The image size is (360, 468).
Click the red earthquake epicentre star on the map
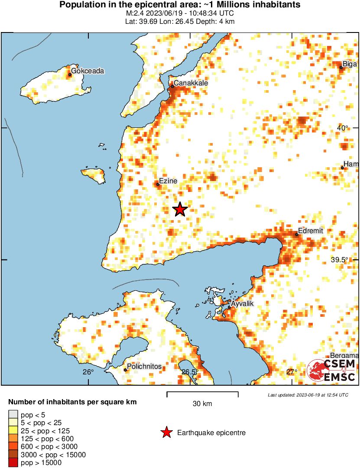pyautogui.click(x=180, y=210)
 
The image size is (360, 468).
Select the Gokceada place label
pyautogui.click(x=88, y=71)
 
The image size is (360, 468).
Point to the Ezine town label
pyautogui.click(x=169, y=181)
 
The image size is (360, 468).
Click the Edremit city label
pyautogui.click(x=311, y=231)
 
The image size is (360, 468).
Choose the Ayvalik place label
pyautogui.click(x=242, y=304)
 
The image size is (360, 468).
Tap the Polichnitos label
pyautogui.click(x=144, y=367)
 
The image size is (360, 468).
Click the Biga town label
pyautogui.click(x=350, y=65)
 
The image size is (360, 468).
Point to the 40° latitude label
pyautogui.click(x=343, y=128)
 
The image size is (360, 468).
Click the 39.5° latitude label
pyautogui.click(x=340, y=260)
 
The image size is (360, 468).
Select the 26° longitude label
pyautogui.click(x=88, y=372)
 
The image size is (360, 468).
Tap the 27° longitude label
pyautogui.click(x=292, y=372)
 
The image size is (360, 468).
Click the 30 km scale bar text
pyautogui.click(x=202, y=404)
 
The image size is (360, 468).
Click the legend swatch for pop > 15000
pyautogui.click(x=13, y=463)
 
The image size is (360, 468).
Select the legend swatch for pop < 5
pyautogui.click(x=13, y=414)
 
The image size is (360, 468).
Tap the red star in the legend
pyautogui.click(x=166, y=432)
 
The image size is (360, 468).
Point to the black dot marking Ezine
pyautogui.click(x=158, y=185)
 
